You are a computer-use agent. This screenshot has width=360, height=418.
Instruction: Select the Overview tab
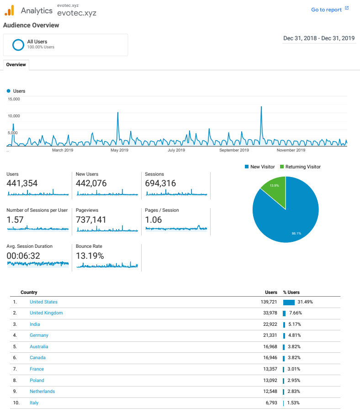(x=16, y=65)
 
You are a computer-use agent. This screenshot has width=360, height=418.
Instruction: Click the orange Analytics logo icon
(x=9, y=10)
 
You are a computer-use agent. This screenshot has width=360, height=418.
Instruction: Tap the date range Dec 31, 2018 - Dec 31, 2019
(x=319, y=38)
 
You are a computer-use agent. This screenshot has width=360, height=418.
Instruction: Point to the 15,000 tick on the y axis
(x=14, y=99)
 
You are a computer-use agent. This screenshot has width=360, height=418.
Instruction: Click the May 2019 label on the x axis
(x=119, y=150)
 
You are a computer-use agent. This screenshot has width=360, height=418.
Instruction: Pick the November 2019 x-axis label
(x=291, y=150)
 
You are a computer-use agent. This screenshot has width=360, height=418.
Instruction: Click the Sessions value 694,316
(x=160, y=183)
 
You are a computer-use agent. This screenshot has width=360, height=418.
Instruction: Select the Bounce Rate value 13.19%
(x=90, y=256)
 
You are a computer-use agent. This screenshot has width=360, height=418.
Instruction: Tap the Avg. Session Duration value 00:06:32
(x=23, y=256)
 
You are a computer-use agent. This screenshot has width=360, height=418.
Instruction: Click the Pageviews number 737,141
(x=91, y=220)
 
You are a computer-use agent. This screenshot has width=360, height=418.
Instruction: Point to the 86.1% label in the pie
(x=296, y=234)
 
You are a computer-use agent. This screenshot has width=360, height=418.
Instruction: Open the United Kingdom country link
(x=46, y=313)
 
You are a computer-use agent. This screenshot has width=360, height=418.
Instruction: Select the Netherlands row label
(x=42, y=392)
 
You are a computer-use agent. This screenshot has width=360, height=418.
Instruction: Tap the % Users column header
(x=291, y=293)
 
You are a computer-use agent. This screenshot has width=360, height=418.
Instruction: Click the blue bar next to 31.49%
(x=289, y=302)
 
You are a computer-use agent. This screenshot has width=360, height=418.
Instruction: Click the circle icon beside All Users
(x=18, y=45)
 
